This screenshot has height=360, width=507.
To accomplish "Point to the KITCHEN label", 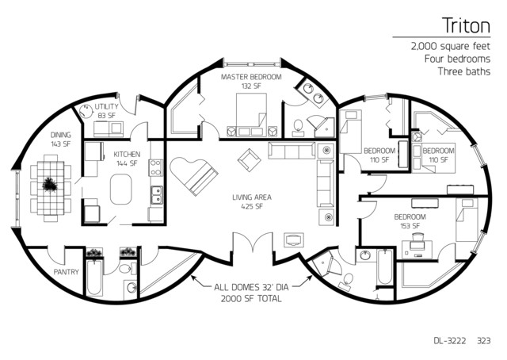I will pos(127,154).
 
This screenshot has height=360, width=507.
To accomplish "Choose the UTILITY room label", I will pos(106,106).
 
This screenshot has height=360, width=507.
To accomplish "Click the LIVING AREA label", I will pos(252,197).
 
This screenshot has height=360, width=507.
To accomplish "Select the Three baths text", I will pos(463,71).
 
